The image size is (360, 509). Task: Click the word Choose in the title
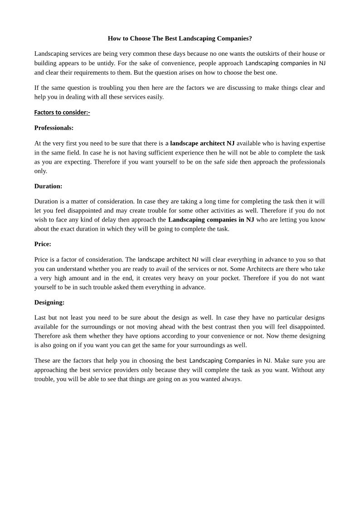(140, 39)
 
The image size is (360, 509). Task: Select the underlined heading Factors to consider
(62, 112)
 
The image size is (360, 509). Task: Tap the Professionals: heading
(54, 128)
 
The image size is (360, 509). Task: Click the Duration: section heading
(49, 186)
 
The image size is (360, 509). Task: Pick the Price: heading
(43, 244)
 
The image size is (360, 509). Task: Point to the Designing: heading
(49, 302)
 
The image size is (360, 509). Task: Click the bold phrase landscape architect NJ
(202, 143)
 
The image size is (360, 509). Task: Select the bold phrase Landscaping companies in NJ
(211, 220)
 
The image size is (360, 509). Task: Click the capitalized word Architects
(252, 269)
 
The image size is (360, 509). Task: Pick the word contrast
(235, 326)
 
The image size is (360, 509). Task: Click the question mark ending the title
(250, 39)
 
